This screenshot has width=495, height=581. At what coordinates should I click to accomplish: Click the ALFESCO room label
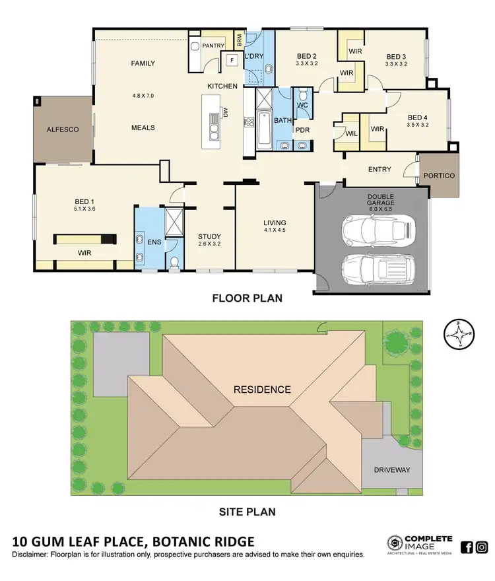(x=63, y=129)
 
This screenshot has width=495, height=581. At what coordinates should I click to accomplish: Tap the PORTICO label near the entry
(x=438, y=176)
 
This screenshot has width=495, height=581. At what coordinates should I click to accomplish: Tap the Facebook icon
(x=467, y=547)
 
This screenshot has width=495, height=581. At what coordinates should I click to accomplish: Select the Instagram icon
(x=482, y=547)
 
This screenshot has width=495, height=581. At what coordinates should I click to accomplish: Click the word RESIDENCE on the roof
(x=262, y=389)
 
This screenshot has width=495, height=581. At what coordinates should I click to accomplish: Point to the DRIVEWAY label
(x=392, y=470)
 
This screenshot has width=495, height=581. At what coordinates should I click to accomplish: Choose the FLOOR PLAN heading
(x=247, y=298)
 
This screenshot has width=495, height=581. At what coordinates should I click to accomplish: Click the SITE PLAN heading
(x=247, y=511)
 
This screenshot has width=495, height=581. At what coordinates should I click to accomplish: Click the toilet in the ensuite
(x=174, y=263)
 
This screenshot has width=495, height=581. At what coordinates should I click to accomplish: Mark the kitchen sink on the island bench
(x=215, y=127)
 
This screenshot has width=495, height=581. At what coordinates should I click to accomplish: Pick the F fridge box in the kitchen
(x=232, y=61)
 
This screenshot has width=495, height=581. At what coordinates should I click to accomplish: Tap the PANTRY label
(x=213, y=46)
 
